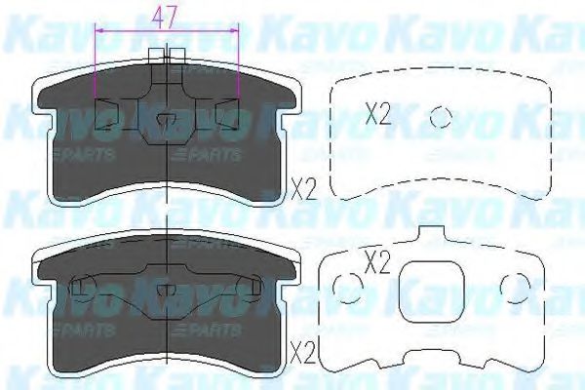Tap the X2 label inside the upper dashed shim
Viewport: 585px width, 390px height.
click(x=377, y=115)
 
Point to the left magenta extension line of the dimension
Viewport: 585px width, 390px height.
click(x=95, y=68)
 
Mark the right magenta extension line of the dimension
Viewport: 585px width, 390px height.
click(x=239, y=68)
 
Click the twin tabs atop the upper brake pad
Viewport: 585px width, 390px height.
click(x=167, y=57)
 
